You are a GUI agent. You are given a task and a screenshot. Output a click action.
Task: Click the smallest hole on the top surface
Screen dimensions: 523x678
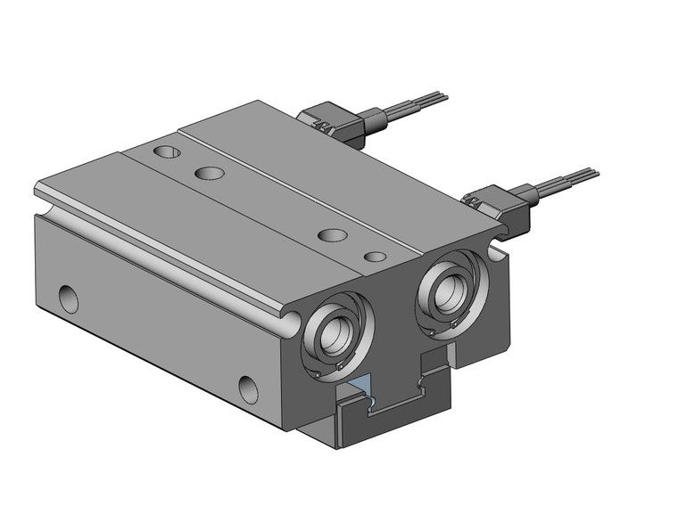click(376, 257)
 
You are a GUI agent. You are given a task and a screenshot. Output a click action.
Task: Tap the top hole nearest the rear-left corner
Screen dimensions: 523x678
click(165, 152)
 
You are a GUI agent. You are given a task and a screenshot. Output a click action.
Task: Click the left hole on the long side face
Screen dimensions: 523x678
click(68, 298)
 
